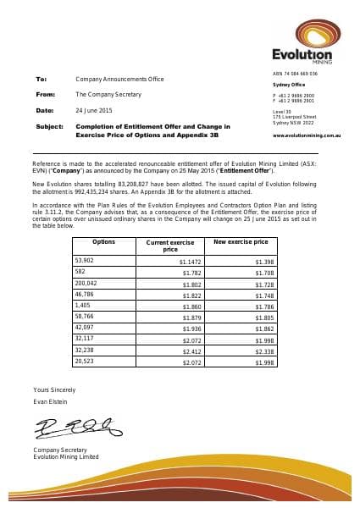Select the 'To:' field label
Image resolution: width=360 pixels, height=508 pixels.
pyautogui.click(x=41, y=78)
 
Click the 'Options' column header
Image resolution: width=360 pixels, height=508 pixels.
pyautogui.click(x=103, y=242)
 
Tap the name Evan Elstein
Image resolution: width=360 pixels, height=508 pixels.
pyautogui.click(x=49, y=400)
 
